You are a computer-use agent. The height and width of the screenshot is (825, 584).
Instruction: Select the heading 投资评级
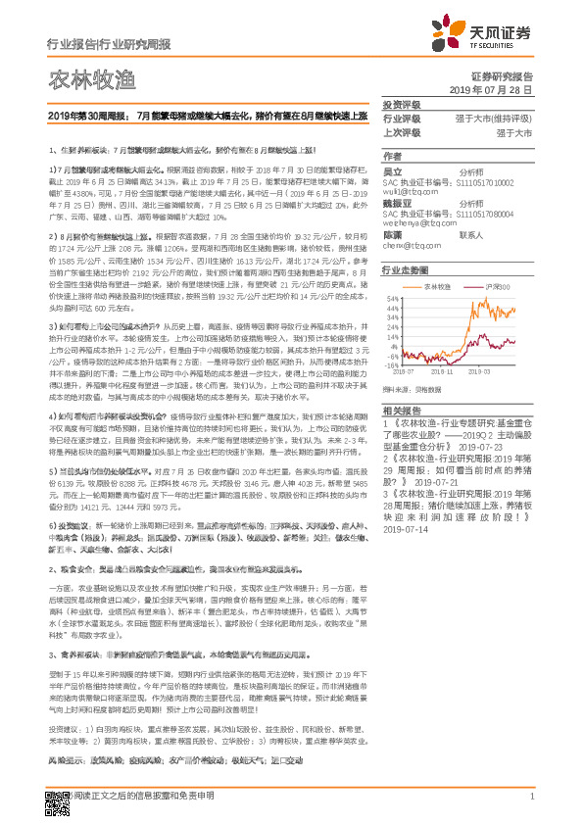tap(401, 104)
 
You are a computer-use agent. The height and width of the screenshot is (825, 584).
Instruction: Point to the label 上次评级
tap(401, 132)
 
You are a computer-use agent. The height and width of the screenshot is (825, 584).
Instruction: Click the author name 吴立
tap(392, 170)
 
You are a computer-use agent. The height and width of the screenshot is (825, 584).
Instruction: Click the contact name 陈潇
tap(392, 235)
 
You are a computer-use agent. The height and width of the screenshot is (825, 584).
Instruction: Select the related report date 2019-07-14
tap(406, 556)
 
